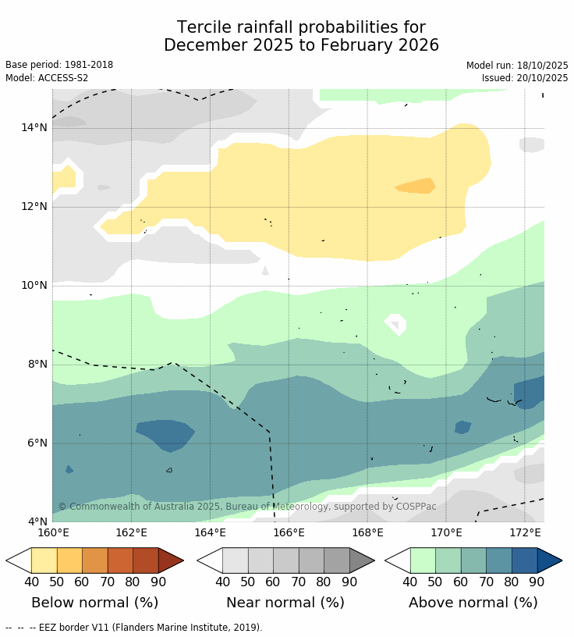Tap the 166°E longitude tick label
coord(289,533)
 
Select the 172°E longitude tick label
coord(525,533)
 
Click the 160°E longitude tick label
coord(53,533)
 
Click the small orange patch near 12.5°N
coord(416,186)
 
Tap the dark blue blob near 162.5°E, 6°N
coord(165,433)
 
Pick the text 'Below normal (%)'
coord(94,603)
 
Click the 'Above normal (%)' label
coord(473,603)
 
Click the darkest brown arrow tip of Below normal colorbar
coord(170,560)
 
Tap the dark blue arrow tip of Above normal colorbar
coord(548,560)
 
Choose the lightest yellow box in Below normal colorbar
coord(44,560)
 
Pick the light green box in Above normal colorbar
coord(423,560)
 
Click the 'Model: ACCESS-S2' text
coord(47,78)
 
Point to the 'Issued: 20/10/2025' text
coord(525,78)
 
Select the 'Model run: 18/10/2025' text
coord(517,66)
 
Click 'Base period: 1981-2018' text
coord(59,66)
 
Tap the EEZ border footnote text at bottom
coord(133,628)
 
